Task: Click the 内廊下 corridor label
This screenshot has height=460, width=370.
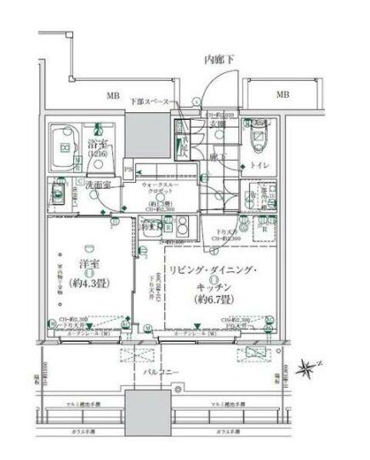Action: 220,60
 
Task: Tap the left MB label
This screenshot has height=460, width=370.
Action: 111,96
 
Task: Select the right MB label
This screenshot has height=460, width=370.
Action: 281,95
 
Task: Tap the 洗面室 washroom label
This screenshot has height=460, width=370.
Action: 101,184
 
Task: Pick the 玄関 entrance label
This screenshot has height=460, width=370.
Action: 219,125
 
